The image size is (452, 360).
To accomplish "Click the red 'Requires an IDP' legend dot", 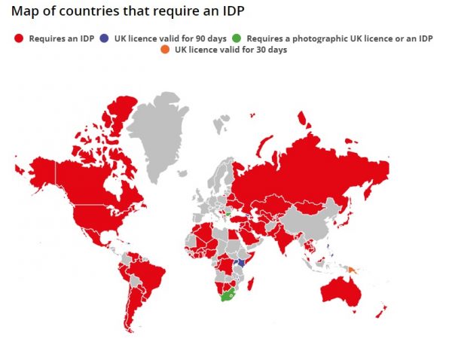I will click(x=19, y=37).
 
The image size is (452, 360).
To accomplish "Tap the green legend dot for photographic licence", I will click(x=238, y=37).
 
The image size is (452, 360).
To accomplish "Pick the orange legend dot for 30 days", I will click(x=166, y=50).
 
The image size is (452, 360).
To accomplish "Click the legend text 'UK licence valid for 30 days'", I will click(x=230, y=50).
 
